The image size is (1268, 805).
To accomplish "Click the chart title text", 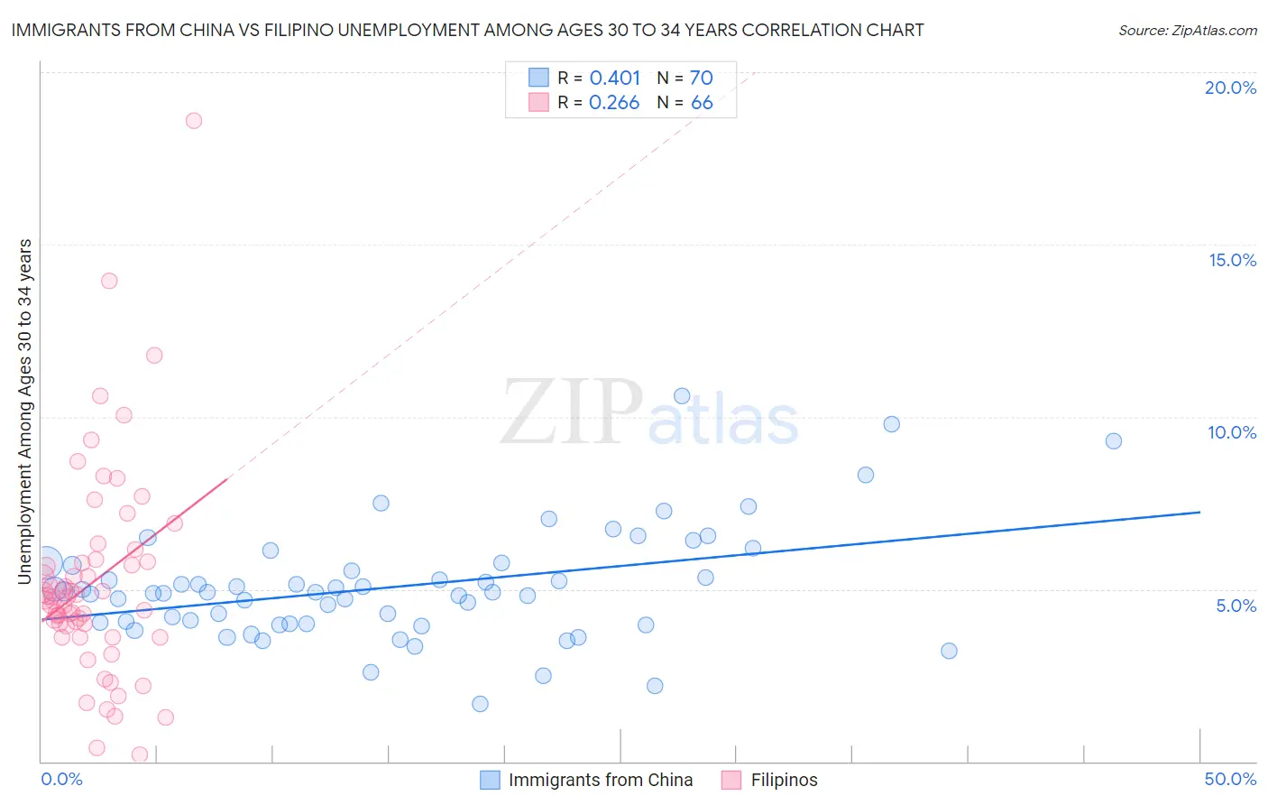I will click(467, 30).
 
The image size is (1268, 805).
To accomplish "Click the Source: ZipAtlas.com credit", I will click(1187, 30).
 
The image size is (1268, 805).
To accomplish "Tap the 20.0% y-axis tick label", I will click(1230, 88).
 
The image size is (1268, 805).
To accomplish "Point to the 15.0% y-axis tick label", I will click(1232, 260).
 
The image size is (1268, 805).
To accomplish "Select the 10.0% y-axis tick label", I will click(1232, 432).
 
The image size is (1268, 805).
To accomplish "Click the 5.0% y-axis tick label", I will click(1236, 606).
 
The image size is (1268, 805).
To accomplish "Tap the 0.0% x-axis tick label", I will click(61, 779).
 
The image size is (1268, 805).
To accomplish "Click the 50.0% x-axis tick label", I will click(1230, 779).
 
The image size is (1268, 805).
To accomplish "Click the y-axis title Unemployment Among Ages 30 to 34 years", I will click(25, 412).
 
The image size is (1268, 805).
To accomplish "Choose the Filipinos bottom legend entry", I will click(784, 780).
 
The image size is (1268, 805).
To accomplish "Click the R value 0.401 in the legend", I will click(614, 79).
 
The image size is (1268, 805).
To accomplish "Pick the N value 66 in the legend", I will click(702, 103).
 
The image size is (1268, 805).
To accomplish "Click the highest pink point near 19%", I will click(193, 120).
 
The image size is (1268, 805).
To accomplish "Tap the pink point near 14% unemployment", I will click(109, 281).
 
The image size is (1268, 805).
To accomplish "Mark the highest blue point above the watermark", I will click(682, 396).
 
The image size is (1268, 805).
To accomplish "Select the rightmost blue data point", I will click(1114, 441).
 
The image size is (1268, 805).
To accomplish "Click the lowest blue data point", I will click(480, 704).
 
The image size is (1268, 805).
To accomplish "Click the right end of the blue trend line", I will click(1199, 512).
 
